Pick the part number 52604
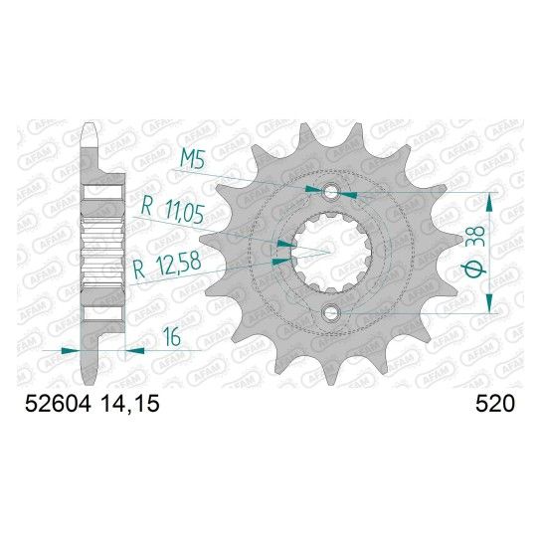[58, 403]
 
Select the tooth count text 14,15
[130, 403]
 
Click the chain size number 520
[495, 403]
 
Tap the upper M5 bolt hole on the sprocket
[331, 192]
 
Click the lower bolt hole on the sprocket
[331, 312]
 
